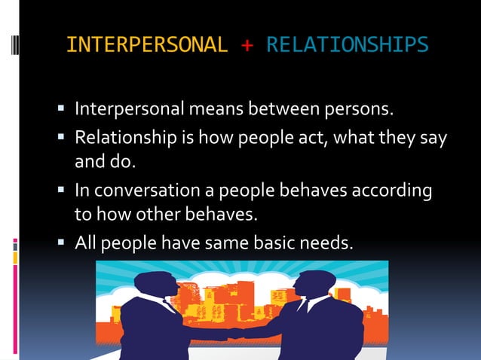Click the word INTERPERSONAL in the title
point(146,45)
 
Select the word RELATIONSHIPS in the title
point(348,45)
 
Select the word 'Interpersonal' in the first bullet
point(127,110)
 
